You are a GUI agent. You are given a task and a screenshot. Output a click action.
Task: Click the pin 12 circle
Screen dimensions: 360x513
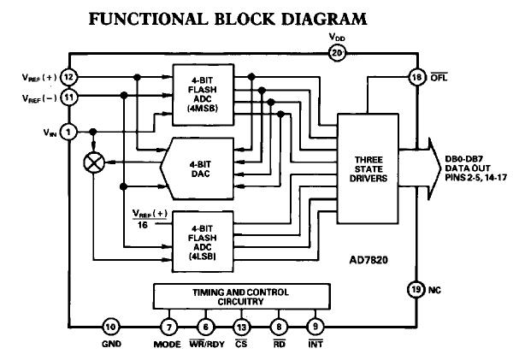click(69, 78)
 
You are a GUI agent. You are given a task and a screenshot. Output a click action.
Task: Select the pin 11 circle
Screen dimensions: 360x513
click(69, 97)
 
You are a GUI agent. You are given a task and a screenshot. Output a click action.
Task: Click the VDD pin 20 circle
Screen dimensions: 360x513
click(336, 53)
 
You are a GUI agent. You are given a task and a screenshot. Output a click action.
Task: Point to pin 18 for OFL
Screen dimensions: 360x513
click(416, 78)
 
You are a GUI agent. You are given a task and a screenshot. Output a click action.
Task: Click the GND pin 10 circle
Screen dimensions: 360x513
click(110, 326)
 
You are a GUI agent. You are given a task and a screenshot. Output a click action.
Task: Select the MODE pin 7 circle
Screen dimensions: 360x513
click(169, 326)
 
